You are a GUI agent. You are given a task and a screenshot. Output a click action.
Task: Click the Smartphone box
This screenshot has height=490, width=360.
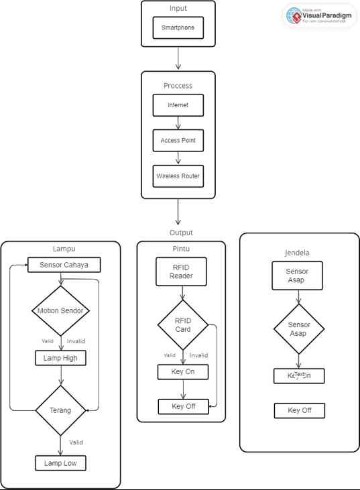[x=178, y=29]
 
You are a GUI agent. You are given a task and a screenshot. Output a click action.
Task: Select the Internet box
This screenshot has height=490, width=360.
[x=178, y=105]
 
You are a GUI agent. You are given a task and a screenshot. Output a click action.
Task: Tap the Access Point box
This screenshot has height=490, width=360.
[x=178, y=141]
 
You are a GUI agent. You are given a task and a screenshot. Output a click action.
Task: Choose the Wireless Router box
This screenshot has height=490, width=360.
[x=178, y=176]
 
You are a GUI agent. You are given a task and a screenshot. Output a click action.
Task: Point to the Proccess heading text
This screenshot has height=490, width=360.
[x=178, y=86]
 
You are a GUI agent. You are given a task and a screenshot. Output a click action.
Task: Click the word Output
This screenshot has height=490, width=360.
[x=181, y=233]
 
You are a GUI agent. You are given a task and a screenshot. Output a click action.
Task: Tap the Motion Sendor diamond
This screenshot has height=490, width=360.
[x=61, y=310]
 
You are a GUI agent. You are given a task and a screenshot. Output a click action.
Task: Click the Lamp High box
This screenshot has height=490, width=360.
[x=61, y=358]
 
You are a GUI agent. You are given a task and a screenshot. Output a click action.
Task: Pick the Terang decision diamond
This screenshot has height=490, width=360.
[x=61, y=410]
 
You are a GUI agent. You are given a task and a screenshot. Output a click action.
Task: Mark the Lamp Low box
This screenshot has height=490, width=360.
[x=61, y=463]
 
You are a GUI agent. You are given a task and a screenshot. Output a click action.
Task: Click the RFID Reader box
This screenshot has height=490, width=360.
[x=181, y=271]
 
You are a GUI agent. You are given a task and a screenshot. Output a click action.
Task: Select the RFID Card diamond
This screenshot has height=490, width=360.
[x=183, y=324]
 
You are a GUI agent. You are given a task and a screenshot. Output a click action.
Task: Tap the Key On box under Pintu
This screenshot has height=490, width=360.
[x=183, y=372]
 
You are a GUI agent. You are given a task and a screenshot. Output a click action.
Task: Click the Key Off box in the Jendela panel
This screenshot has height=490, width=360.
[x=299, y=410]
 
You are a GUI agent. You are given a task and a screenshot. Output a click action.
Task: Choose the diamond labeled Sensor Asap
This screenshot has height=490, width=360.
[x=299, y=328]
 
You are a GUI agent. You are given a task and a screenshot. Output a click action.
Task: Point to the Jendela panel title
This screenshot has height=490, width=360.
[x=297, y=253]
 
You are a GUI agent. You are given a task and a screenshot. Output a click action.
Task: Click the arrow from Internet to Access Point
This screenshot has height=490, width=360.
[x=178, y=123]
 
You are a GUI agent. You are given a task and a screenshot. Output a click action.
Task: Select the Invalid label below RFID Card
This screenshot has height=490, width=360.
[x=198, y=355]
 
